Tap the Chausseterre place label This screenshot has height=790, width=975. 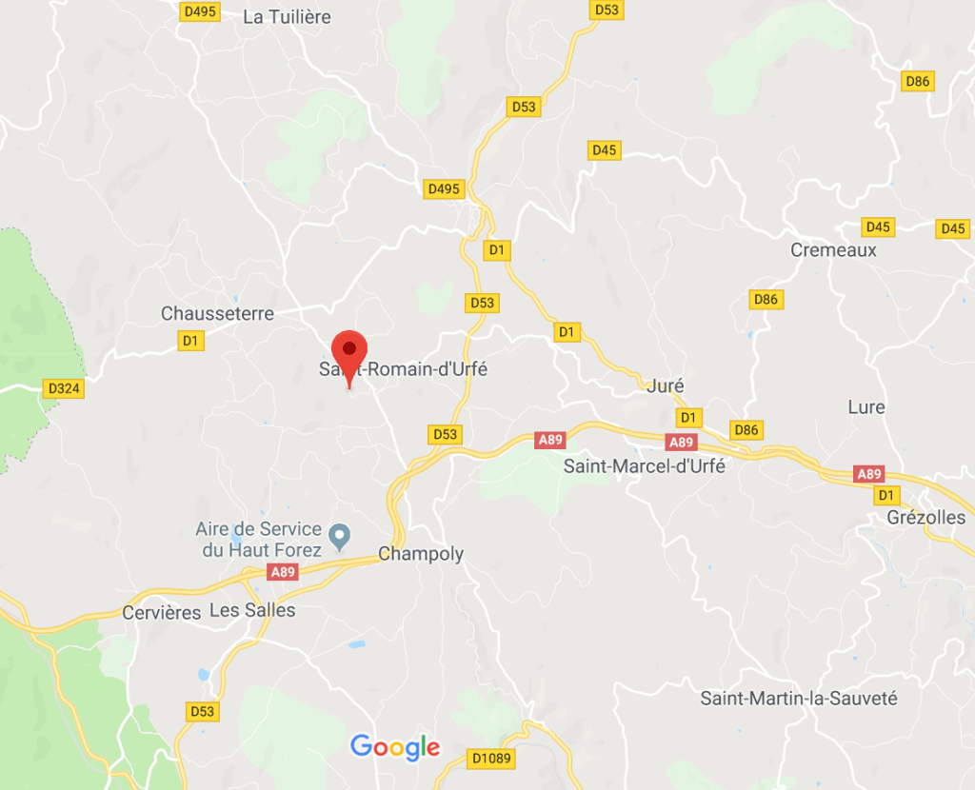tap(217, 314)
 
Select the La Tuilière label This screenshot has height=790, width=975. tap(287, 17)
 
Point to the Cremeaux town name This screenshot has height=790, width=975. tap(833, 250)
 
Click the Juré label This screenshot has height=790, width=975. tap(665, 386)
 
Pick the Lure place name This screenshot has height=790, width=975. tap(866, 407)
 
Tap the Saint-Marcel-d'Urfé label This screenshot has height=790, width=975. tap(645, 466)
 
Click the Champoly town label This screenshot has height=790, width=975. tap(421, 554)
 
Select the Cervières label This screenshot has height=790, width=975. tap(162, 612)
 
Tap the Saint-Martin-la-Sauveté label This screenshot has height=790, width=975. tap(799, 699)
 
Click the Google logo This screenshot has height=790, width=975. tap(395, 747)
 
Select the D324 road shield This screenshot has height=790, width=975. tap(64, 388)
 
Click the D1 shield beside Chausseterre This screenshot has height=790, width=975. tap(191, 340)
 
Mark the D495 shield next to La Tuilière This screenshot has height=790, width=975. tap(200, 11)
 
